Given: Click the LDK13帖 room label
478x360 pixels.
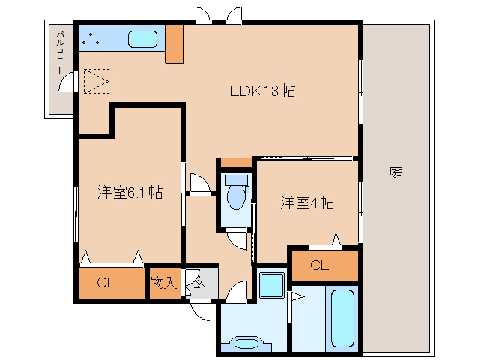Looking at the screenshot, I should [x=261, y=91].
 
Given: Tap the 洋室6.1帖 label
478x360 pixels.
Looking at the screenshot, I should [x=130, y=192].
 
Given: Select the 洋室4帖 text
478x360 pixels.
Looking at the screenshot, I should [x=307, y=202].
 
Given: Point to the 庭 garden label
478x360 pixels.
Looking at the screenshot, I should [x=396, y=173].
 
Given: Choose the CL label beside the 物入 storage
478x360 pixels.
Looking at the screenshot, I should [x=106, y=283].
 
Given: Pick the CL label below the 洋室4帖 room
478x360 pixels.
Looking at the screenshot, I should [x=319, y=265].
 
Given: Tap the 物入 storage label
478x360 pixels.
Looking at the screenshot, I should [x=163, y=283].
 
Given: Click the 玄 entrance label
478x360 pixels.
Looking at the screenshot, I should [x=200, y=283].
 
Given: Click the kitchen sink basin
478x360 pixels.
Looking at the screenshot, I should [x=142, y=39].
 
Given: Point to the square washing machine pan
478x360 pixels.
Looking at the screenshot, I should [x=270, y=286].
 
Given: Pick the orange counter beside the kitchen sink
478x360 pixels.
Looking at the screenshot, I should [x=174, y=43].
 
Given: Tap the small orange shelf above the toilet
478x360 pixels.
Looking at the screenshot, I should [x=237, y=163].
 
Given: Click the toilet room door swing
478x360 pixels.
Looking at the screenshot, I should [x=237, y=238].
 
